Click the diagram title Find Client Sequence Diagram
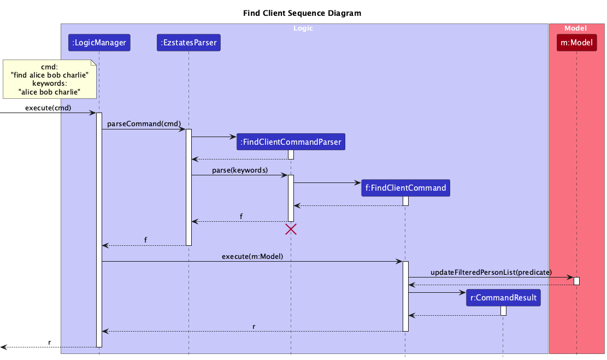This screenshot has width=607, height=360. click(302, 13)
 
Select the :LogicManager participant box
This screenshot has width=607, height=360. click(99, 43)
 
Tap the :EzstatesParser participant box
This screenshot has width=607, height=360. click(188, 43)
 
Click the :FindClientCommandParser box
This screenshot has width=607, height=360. click(291, 142)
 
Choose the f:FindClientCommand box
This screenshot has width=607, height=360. click(405, 188)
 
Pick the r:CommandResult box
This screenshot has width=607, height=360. click(503, 298)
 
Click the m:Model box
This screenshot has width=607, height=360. click(576, 43)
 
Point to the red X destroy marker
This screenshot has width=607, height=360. click(291, 229)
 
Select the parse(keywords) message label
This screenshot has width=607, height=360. click(240, 170)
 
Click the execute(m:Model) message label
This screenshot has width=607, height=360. click(252, 256)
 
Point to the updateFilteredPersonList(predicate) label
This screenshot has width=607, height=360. click(491, 272)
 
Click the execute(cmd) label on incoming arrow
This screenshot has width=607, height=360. click(48, 108)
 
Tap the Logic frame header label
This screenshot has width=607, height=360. click(303, 28)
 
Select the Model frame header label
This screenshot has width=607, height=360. click(575, 28)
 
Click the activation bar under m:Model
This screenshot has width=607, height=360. click(576, 281)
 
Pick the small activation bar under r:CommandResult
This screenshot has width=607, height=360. click(503, 311)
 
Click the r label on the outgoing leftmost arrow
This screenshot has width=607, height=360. click(49, 343)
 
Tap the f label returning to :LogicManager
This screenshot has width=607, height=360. click(145, 240)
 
